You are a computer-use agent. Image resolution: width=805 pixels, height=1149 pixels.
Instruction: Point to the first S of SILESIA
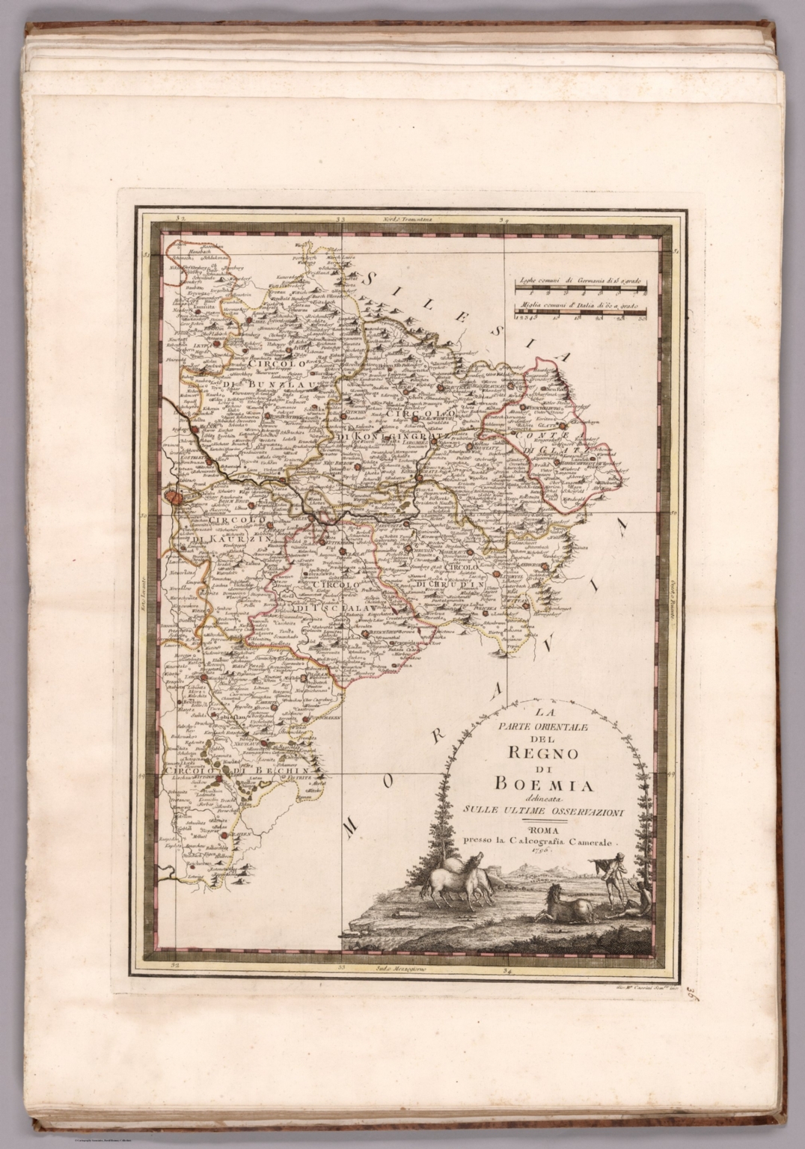pos(370,277)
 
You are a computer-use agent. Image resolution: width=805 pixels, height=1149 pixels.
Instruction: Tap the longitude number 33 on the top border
pos(340,219)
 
